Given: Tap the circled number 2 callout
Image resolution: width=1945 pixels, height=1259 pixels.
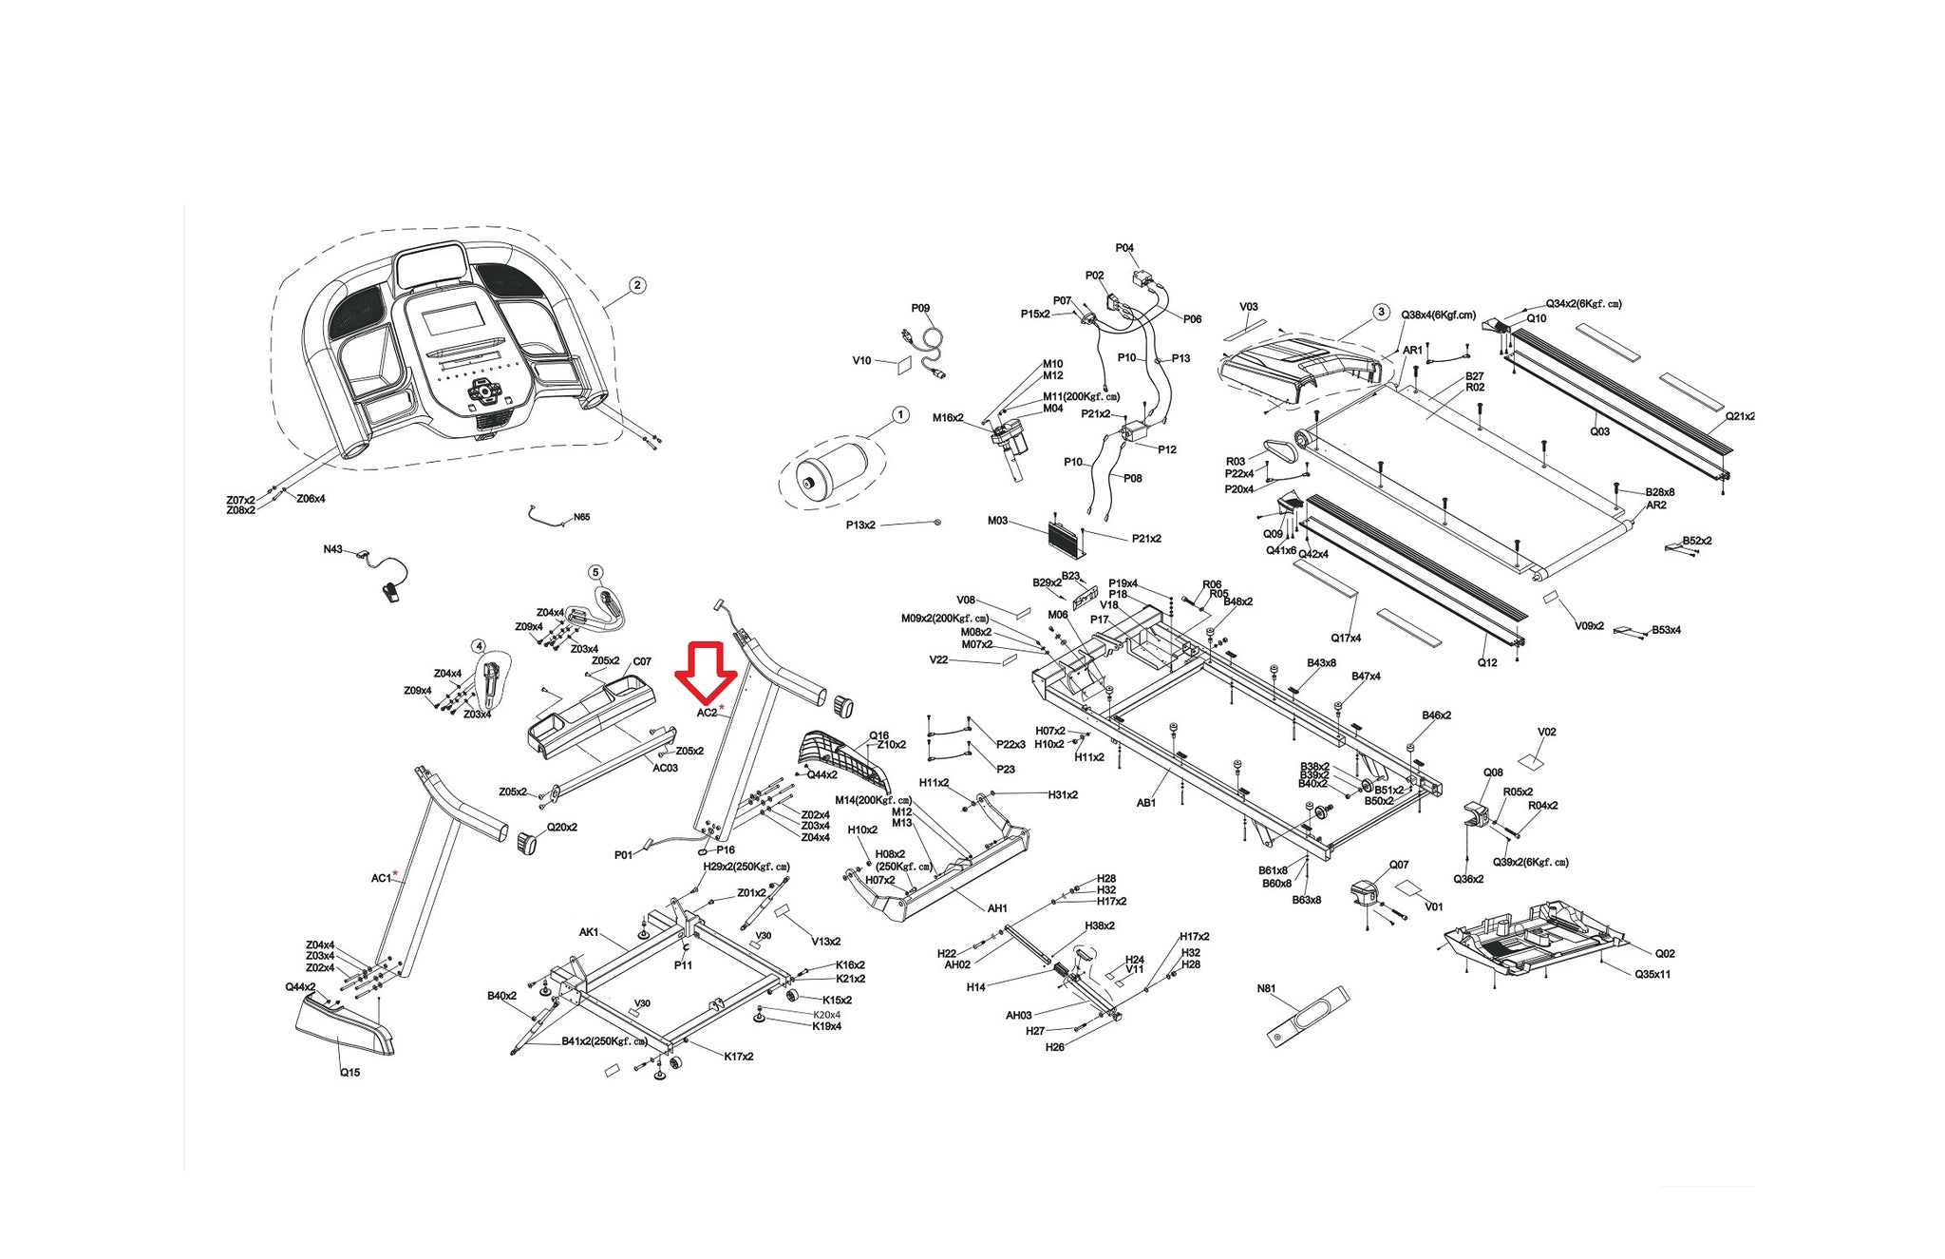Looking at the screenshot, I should (637, 285).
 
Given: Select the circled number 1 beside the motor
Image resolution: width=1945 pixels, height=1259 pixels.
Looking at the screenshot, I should (900, 415).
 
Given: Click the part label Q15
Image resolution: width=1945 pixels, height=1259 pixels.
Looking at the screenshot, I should (349, 1073).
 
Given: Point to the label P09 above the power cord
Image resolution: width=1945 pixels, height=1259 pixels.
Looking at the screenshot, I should (920, 308).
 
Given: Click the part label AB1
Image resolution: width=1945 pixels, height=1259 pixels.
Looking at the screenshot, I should (1146, 803).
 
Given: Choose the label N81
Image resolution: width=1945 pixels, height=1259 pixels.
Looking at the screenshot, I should (1266, 989).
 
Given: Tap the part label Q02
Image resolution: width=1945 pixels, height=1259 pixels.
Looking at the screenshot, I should (1665, 953).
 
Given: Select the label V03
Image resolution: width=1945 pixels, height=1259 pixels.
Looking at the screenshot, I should (1249, 307).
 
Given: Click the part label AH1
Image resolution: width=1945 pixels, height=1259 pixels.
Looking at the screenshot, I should (997, 908).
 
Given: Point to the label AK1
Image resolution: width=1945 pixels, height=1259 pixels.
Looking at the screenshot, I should (589, 932).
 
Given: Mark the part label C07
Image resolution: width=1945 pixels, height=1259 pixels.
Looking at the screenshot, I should (642, 661).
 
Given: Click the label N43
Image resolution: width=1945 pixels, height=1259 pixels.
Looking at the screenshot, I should (332, 549).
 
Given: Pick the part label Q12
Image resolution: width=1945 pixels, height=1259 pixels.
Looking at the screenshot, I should (1487, 662).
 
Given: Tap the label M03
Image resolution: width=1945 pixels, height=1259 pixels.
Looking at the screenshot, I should (997, 521).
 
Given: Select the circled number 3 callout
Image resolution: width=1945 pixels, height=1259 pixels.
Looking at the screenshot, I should (1381, 313).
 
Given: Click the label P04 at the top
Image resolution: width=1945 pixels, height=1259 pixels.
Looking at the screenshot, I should (1124, 248).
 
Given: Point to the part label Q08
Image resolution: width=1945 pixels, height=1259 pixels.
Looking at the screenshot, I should (1493, 773).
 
